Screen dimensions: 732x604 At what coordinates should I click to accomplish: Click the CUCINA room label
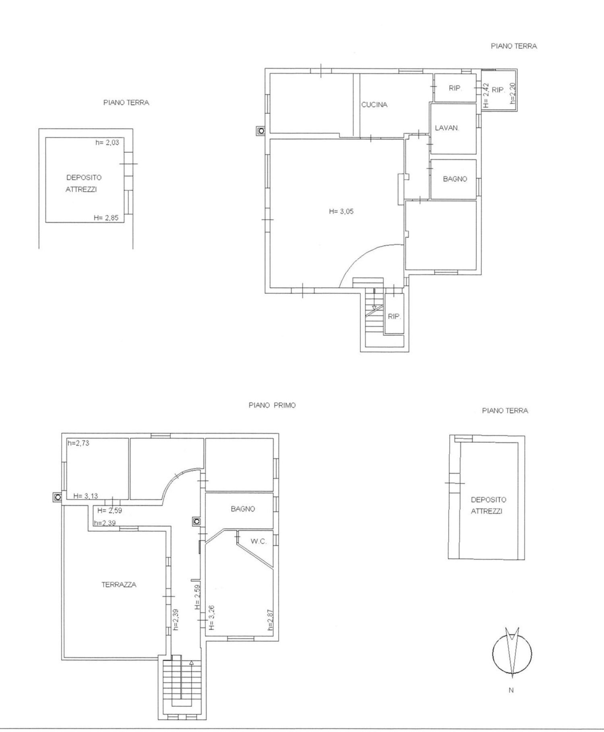[374, 105]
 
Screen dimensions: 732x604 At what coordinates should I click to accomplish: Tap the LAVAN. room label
[447, 128]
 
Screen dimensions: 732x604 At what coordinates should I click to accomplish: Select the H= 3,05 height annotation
[341, 211]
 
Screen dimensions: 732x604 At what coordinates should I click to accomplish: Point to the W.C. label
[259, 541]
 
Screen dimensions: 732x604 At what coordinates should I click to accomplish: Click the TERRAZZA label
[119, 584]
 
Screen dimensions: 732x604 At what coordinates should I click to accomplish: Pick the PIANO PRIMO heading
[272, 405]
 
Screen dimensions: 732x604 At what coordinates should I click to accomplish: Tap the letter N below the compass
[511, 690]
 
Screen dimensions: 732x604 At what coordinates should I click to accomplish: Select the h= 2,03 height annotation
[107, 142]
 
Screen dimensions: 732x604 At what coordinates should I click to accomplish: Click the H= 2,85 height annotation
[106, 218]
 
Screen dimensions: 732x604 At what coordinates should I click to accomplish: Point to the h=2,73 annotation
[78, 443]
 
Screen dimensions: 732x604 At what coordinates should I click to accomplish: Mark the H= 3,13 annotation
[86, 496]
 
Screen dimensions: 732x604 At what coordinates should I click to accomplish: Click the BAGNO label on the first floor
[243, 509]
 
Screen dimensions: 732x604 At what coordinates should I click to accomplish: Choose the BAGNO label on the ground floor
[455, 179]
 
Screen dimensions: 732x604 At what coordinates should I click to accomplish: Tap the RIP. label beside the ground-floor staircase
[394, 317]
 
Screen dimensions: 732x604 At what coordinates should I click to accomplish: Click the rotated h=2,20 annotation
[513, 93]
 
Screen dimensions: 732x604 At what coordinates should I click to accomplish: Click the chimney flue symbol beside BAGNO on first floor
[197, 521]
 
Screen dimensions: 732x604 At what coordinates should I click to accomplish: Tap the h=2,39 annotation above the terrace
[105, 523]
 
